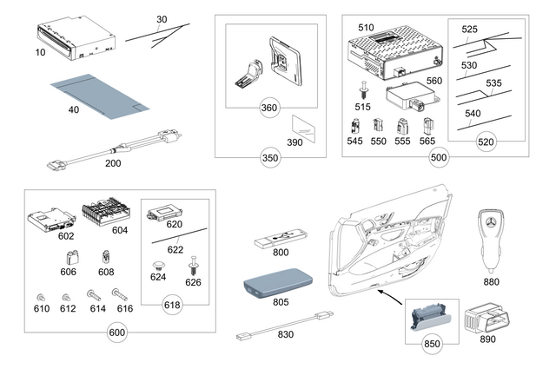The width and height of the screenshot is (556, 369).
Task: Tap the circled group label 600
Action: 117,333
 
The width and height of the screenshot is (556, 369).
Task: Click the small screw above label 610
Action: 41,294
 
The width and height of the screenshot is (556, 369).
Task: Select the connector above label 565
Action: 427,125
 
